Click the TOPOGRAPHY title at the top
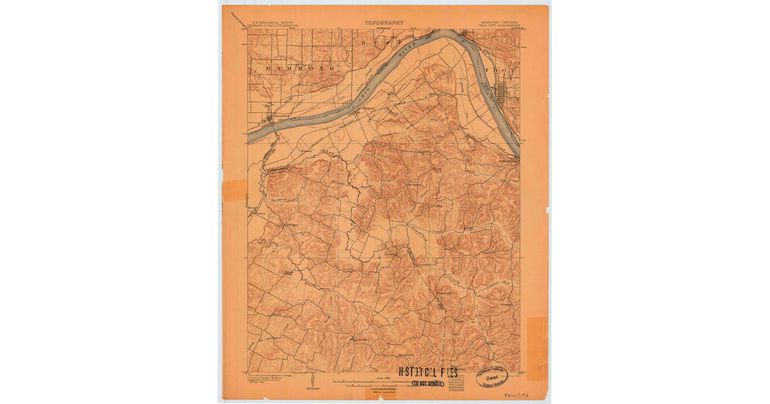point(384,22)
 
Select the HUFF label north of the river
point(385,40)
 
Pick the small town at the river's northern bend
point(466,35)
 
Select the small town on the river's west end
point(269,117)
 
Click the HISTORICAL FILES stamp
point(428,373)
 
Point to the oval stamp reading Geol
point(495,377)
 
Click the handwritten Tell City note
point(513,396)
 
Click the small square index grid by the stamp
point(457,383)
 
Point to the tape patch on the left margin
point(235,190)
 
